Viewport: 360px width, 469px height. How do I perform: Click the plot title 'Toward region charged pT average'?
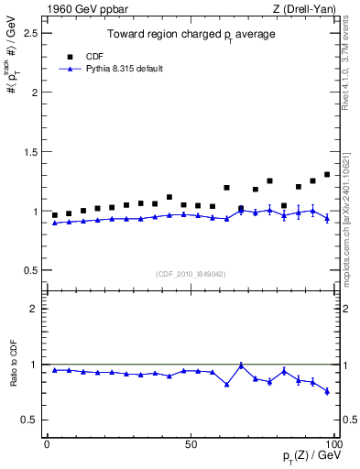click(x=191, y=35)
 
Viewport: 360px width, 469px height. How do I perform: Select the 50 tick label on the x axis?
click(x=191, y=444)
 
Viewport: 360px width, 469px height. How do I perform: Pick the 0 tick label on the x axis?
click(x=47, y=444)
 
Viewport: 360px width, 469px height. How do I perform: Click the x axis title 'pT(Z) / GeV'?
click(x=311, y=457)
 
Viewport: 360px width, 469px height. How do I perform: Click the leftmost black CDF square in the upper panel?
click(x=54, y=215)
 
